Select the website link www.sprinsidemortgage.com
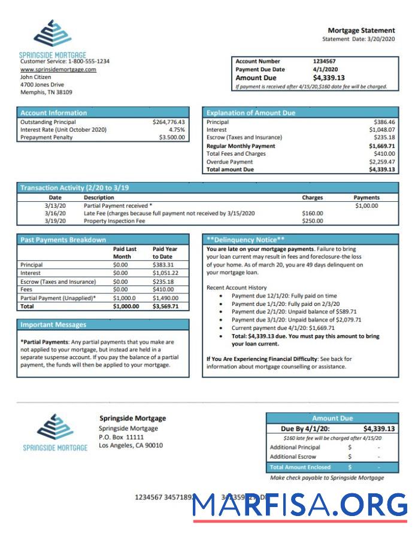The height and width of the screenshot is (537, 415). pos(58,69)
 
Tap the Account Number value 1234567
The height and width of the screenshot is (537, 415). pos(324,61)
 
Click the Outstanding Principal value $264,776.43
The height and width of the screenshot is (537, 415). pos(169,122)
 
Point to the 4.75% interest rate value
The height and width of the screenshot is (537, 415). pos(177,129)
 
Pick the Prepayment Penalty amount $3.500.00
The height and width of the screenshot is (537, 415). pos(172,137)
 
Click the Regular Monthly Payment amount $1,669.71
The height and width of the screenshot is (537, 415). pos(381,145)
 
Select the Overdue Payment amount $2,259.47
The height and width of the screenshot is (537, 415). pos(381,162)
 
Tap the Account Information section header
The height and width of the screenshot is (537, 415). pos(54,113)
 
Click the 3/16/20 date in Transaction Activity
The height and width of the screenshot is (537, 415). pos(55,213)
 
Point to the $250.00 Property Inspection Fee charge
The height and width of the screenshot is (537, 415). pos(312,221)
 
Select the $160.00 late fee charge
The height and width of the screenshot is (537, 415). pos(312,213)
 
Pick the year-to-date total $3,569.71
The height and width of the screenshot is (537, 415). pos(166,306)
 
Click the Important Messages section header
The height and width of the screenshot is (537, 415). pos(53,324)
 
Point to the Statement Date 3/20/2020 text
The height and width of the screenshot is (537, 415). pos(358,39)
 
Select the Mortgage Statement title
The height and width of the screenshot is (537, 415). pos(361,31)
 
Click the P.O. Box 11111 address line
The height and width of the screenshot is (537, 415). pos(121,437)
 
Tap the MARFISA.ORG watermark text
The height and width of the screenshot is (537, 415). pos(300,505)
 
